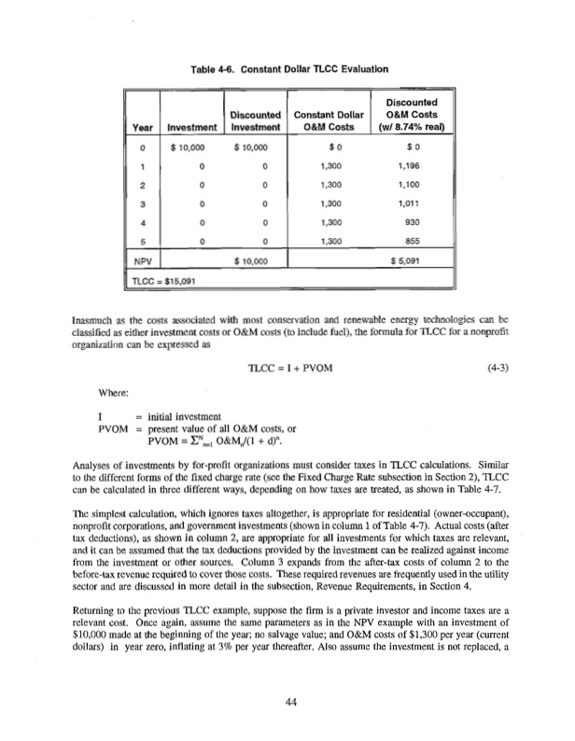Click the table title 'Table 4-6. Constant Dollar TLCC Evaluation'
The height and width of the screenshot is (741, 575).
coord(288,68)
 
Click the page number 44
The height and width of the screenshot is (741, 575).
coord(288,703)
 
